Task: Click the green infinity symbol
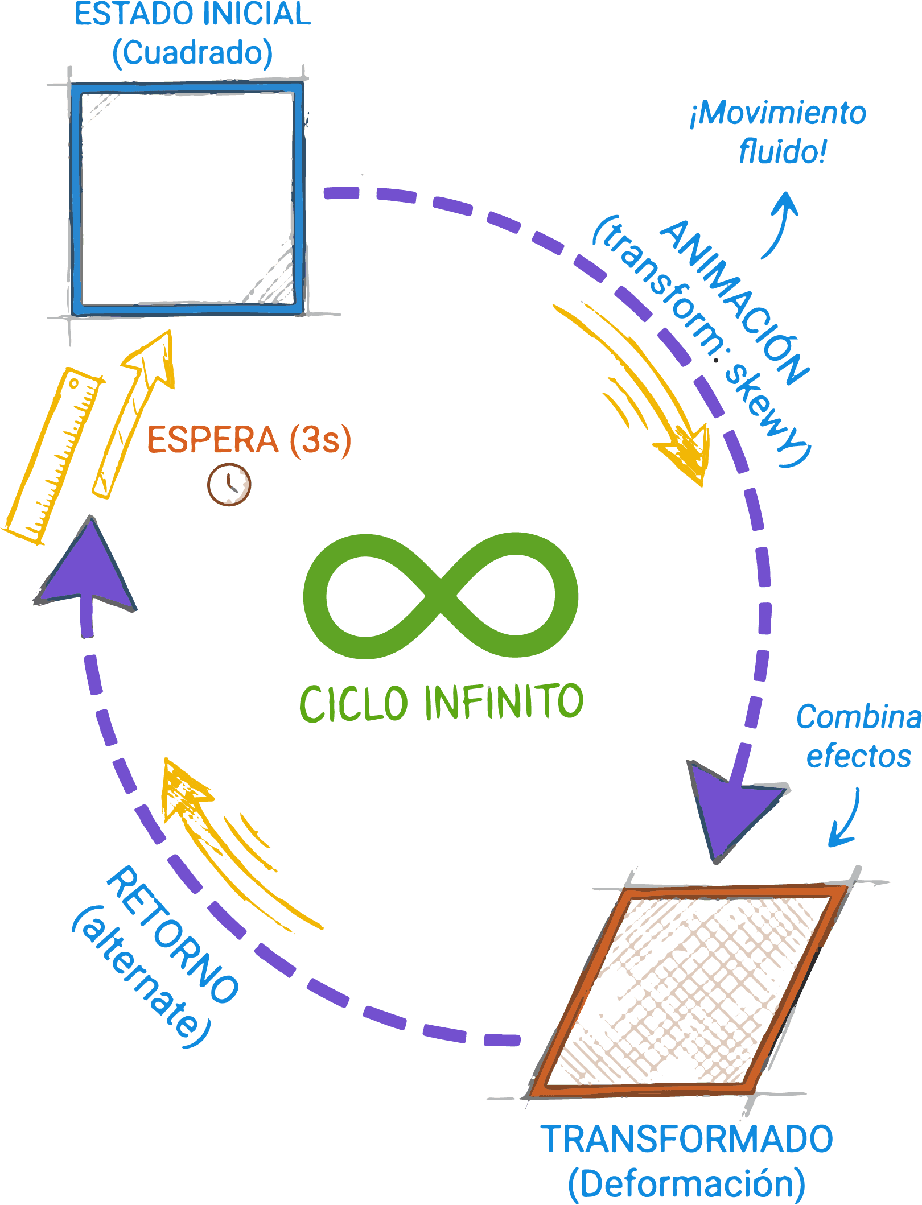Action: pyautogui.click(x=441, y=595)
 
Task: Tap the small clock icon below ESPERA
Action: pyautogui.click(x=229, y=485)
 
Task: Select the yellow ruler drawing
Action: pyautogui.click(x=53, y=455)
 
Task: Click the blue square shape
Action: pyautogui.click(x=187, y=199)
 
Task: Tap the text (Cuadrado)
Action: pyautogui.click(x=193, y=53)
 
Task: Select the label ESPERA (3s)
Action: pyautogui.click(x=249, y=440)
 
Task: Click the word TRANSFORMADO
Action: pyautogui.click(x=689, y=1139)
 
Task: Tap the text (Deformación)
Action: pyautogui.click(x=686, y=1183)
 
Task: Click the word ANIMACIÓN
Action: pyautogui.click(x=734, y=302)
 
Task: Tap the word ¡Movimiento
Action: pyautogui.click(x=778, y=113)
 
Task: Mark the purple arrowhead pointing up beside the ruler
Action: pyautogui.click(x=88, y=569)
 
